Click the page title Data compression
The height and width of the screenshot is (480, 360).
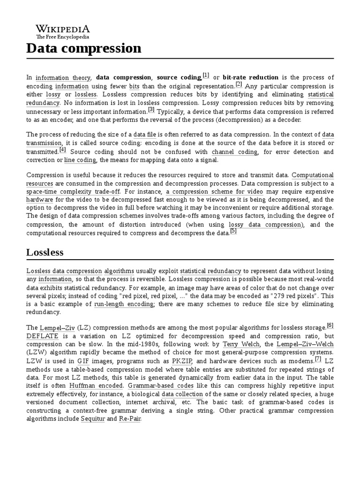83,48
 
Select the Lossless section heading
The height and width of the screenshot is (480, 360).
45,252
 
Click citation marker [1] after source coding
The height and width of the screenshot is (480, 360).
206,75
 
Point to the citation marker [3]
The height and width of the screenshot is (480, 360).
151,110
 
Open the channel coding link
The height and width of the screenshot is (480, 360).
234,152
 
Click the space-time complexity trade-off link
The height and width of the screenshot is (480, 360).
73,192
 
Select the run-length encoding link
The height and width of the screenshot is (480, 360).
124,304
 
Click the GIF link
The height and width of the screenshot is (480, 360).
83,361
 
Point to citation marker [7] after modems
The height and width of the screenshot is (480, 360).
318,359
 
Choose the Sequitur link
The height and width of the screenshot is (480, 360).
93,419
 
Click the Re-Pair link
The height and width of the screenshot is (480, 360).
129,419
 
